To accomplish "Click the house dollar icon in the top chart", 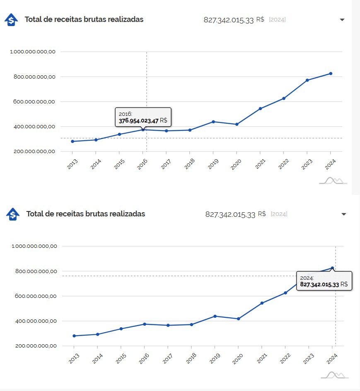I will (x=12, y=20).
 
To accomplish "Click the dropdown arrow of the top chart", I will (x=342, y=20).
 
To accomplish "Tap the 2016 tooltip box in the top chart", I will (x=143, y=117).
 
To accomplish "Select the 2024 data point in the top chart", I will (x=331, y=74).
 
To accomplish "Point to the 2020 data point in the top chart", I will (x=237, y=124).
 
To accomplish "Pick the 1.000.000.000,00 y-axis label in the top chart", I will (x=35, y=52).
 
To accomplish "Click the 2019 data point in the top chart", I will (x=213, y=122).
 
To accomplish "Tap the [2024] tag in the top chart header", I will (x=277, y=20).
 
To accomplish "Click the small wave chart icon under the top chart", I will (x=333, y=180).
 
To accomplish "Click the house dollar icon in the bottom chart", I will (x=13, y=214).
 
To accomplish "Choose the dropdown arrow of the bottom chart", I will (x=343, y=214).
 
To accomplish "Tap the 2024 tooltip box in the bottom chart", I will (x=324, y=281).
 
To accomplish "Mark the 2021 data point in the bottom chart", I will (x=262, y=303).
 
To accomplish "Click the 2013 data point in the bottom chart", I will (x=74, y=336).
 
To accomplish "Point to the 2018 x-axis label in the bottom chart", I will (x=191, y=359).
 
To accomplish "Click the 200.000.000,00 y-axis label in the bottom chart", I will (x=36, y=346).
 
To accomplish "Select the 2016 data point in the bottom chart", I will (x=145, y=324).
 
